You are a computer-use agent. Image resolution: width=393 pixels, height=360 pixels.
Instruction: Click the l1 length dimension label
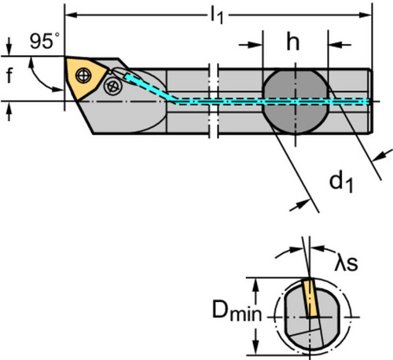coord(217,16)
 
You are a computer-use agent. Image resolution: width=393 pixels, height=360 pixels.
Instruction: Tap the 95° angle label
coord(44,41)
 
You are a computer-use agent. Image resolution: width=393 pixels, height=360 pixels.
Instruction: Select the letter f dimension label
coord(9,75)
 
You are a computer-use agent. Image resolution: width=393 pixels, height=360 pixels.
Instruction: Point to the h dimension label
coord(293,42)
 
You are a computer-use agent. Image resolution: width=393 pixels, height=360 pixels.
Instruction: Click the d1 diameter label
coord(341,182)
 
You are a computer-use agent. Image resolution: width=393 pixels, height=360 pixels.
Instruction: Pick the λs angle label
coord(346,263)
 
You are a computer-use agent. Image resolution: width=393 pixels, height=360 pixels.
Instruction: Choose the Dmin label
coord(237,310)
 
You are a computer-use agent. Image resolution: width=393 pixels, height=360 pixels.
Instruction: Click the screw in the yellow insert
coord(83,75)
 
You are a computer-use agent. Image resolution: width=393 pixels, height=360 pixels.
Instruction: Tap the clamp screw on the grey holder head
coord(113,86)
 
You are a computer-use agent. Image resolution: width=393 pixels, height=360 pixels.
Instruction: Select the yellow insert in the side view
coord(84,78)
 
